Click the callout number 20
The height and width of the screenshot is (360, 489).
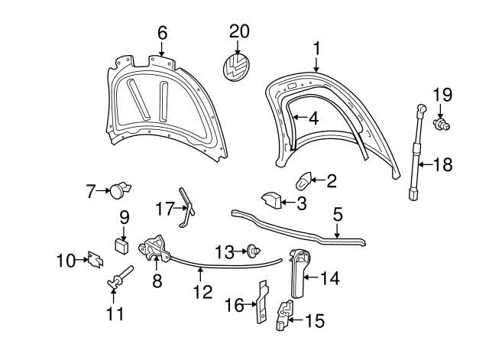pyautogui.click(x=239, y=31)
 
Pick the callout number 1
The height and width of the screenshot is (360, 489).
pyautogui.click(x=316, y=48)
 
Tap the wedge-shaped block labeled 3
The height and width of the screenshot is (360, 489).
pyautogui.click(x=271, y=200)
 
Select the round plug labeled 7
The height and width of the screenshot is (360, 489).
pyautogui.click(x=119, y=188)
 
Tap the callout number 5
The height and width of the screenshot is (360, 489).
pyautogui.click(x=338, y=216)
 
